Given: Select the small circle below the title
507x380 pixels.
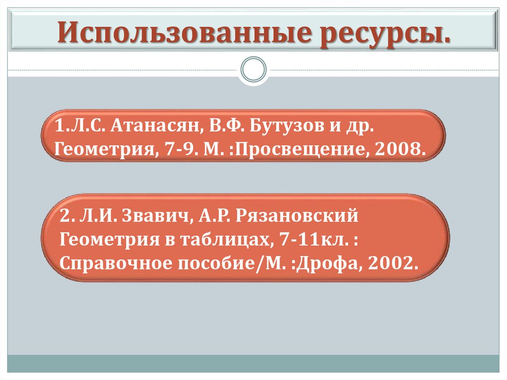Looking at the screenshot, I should (253, 69).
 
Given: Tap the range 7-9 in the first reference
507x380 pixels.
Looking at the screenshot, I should (175, 149).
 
